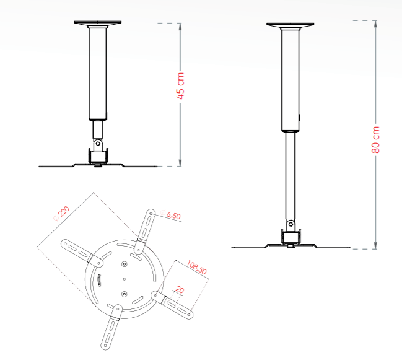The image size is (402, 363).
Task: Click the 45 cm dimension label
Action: click(180, 87)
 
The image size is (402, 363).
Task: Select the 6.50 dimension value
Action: click(173, 216)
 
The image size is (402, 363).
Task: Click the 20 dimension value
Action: click(180, 290)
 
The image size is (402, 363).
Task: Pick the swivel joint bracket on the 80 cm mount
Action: click(291, 236)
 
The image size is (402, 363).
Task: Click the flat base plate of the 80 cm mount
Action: click(291, 247)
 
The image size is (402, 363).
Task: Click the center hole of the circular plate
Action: click(125, 278)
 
